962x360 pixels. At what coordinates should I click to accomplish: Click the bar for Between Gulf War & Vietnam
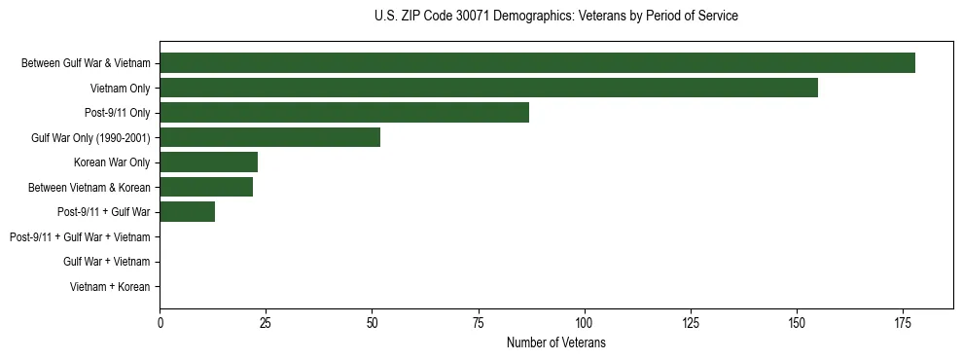coord(537,63)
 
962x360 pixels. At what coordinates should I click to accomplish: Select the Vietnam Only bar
coord(488,88)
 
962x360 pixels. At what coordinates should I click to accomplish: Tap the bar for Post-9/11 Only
coord(344,113)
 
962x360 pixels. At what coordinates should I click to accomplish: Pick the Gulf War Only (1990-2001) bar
coord(269,137)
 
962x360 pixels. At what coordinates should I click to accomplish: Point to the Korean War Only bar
coord(208,162)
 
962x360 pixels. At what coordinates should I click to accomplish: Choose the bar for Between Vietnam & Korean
coord(206,187)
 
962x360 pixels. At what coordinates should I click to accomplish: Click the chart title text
coord(555,17)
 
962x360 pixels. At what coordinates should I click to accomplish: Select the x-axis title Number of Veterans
coord(555,342)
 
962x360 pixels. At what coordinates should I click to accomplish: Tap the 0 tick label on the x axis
coord(160,321)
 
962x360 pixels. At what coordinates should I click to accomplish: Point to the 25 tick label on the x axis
coord(266,321)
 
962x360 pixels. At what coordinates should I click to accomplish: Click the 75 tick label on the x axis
coord(478,321)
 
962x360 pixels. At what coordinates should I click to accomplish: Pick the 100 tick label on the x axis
coord(584,321)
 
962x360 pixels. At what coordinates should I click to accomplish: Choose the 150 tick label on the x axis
coord(796,321)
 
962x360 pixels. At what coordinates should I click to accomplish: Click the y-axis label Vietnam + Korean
coord(110,287)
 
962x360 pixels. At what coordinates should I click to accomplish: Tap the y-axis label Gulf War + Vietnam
coord(106,262)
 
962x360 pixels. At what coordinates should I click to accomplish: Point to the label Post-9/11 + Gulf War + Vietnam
coord(80,236)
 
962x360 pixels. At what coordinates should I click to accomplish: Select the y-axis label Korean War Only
coord(112,162)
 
